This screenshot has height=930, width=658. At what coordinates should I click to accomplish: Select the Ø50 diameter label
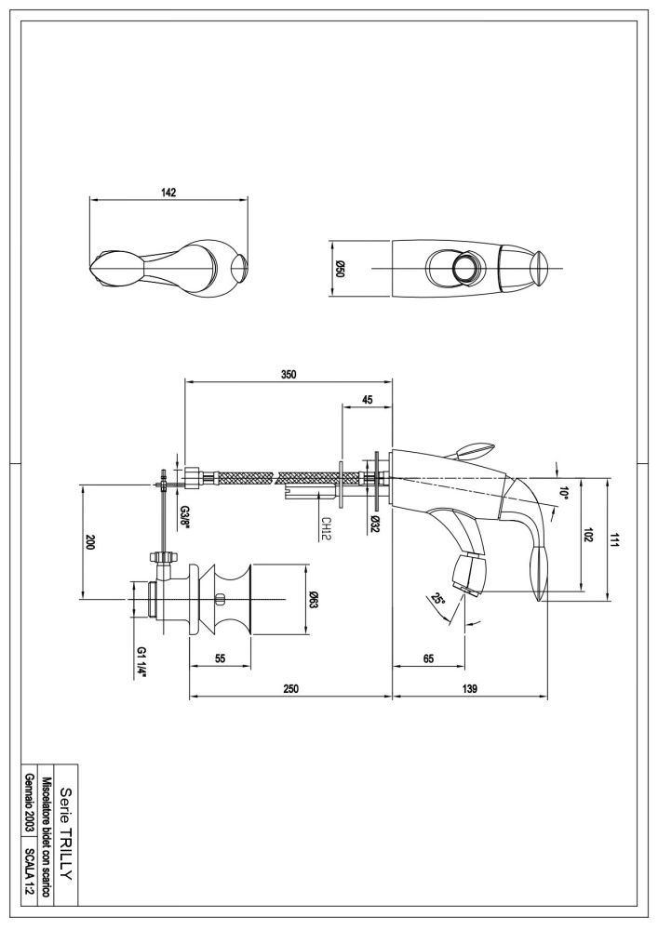pyautogui.click(x=340, y=269)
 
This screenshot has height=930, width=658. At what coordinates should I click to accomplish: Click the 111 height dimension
pyautogui.click(x=615, y=540)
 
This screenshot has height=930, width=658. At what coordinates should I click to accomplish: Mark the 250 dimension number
pyautogui.click(x=290, y=688)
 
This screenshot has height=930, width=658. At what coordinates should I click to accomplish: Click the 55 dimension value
pyautogui.click(x=221, y=658)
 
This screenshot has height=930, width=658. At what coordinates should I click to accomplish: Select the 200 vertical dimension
pyautogui.click(x=91, y=541)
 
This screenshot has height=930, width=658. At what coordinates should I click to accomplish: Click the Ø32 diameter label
pyautogui.click(x=373, y=523)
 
